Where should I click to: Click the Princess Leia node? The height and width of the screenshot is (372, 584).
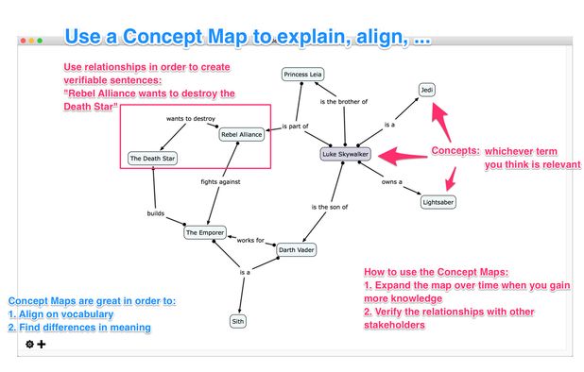(x=303, y=75)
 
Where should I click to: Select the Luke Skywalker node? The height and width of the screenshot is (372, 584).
(x=347, y=153)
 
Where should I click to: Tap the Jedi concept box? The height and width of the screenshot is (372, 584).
(x=427, y=90)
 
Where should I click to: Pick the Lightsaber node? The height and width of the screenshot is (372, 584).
(x=438, y=201)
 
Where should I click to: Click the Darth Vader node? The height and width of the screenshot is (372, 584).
(x=296, y=250)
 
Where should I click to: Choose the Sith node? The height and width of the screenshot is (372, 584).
(x=238, y=321)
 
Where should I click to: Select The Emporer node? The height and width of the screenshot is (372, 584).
(x=205, y=231)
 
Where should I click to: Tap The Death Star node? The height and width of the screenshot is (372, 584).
(x=152, y=159)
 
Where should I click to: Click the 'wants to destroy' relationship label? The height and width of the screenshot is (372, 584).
(x=191, y=119)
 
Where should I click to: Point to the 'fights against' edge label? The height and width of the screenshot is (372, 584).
(x=220, y=181)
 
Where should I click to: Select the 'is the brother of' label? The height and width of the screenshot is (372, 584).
(x=343, y=101)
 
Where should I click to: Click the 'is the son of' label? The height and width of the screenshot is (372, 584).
(x=330, y=207)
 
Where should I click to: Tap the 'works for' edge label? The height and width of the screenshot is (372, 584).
(x=250, y=240)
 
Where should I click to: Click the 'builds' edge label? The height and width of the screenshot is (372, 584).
(x=156, y=213)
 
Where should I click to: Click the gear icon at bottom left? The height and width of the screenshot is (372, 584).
(x=29, y=344)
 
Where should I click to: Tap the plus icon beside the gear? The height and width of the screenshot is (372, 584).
(x=42, y=344)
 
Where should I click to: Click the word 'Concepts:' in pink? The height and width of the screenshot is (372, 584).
(x=454, y=151)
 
